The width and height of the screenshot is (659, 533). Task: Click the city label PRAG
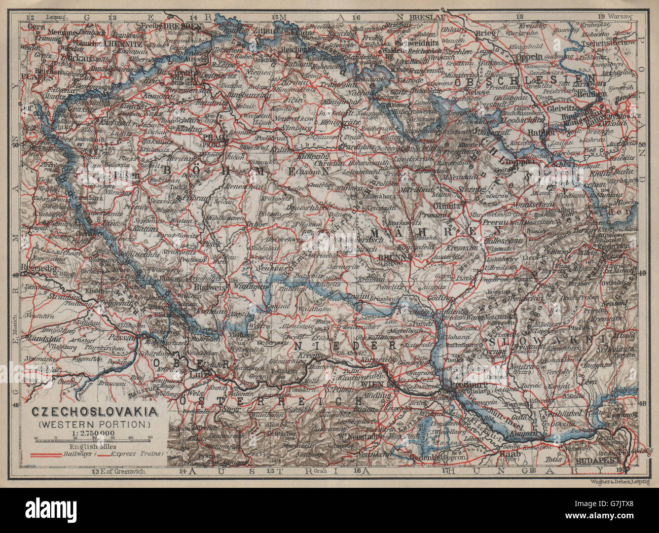click(x=210, y=137)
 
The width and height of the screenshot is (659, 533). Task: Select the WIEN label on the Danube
click(x=369, y=384)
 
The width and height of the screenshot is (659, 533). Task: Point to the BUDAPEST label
click(x=599, y=463)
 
